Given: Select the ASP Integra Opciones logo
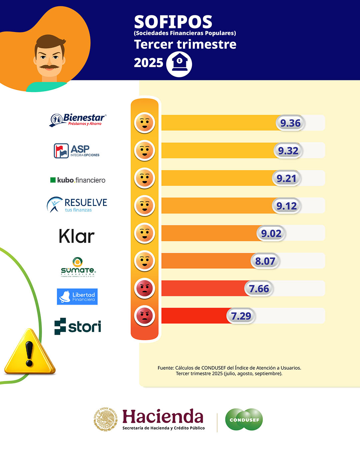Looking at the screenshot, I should [77, 151].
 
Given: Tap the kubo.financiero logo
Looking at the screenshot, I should [78, 180].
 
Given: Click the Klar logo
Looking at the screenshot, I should [77, 236].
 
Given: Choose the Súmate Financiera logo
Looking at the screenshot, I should [78, 267].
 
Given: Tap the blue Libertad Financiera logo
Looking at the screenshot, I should [77, 297].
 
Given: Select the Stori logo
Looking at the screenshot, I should [78, 326].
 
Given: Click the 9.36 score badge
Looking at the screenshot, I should [290, 123].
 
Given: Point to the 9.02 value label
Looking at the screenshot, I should [271, 233].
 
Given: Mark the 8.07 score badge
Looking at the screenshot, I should [265, 261].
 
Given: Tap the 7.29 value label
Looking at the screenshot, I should [241, 316].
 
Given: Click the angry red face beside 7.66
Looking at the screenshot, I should [145, 288].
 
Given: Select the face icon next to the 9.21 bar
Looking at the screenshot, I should [145, 178].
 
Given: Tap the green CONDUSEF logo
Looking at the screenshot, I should [244, 420].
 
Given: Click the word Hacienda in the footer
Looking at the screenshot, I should [163, 417].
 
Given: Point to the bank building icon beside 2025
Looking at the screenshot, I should [179, 63].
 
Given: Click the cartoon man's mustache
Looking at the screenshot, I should [49, 67].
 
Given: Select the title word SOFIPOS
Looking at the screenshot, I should [173, 22].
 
